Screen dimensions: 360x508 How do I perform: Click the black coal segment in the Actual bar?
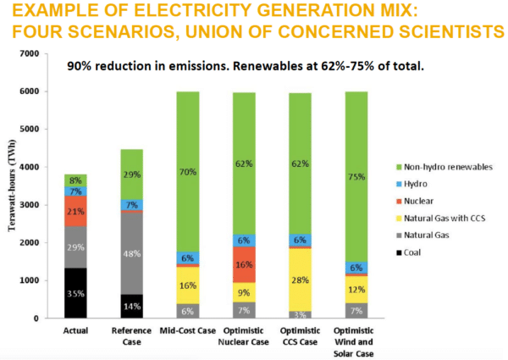tap(76, 293)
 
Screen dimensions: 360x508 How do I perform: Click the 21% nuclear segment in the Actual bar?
tap(76, 211)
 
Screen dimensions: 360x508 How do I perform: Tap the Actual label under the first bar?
tap(76, 331)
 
